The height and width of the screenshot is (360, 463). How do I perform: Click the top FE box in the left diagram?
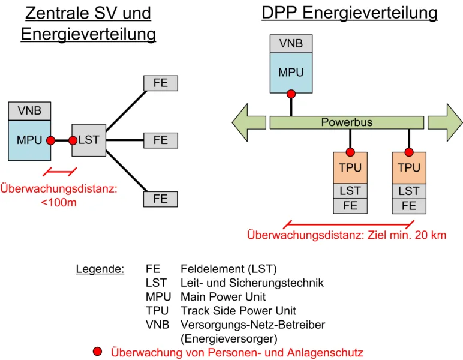[x=161, y=83]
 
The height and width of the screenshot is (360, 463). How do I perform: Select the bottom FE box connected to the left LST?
[x=161, y=199]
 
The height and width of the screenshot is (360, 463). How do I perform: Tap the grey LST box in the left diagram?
[x=88, y=140]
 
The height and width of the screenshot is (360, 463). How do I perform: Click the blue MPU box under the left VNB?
[x=29, y=140]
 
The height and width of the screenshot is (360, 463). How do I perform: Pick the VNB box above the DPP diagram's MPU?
[x=291, y=44]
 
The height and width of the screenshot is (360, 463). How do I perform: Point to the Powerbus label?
[x=347, y=122]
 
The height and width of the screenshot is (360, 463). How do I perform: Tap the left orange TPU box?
[x=350, y=168]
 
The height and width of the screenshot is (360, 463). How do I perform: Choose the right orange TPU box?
[x=409, y=168]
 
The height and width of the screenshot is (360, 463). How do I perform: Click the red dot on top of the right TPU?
[x=409, y=152]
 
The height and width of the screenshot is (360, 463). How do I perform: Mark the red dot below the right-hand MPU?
[x=291, y=94]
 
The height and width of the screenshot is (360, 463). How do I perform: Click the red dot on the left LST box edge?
[x=73, y=140]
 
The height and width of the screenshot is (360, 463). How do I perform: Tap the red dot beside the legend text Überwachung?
[x=98, y=352]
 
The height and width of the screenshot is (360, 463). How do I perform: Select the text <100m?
[x=59, y=203]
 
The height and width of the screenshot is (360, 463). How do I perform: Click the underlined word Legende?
[x=100, y=268]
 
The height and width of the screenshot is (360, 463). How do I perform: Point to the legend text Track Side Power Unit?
[x=238, y=311]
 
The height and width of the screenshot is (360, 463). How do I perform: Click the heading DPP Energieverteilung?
[x=350, y=13]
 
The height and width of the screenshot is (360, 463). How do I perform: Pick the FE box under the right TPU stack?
[x=409, y=206]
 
